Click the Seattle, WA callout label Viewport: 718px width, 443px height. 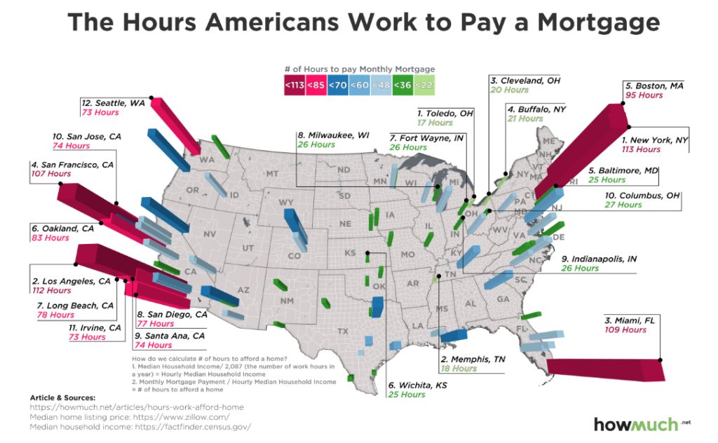113,103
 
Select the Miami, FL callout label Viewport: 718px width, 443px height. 624,320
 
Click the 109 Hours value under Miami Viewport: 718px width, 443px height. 625,330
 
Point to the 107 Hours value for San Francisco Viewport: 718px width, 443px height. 51,173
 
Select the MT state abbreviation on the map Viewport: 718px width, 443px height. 273,173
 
